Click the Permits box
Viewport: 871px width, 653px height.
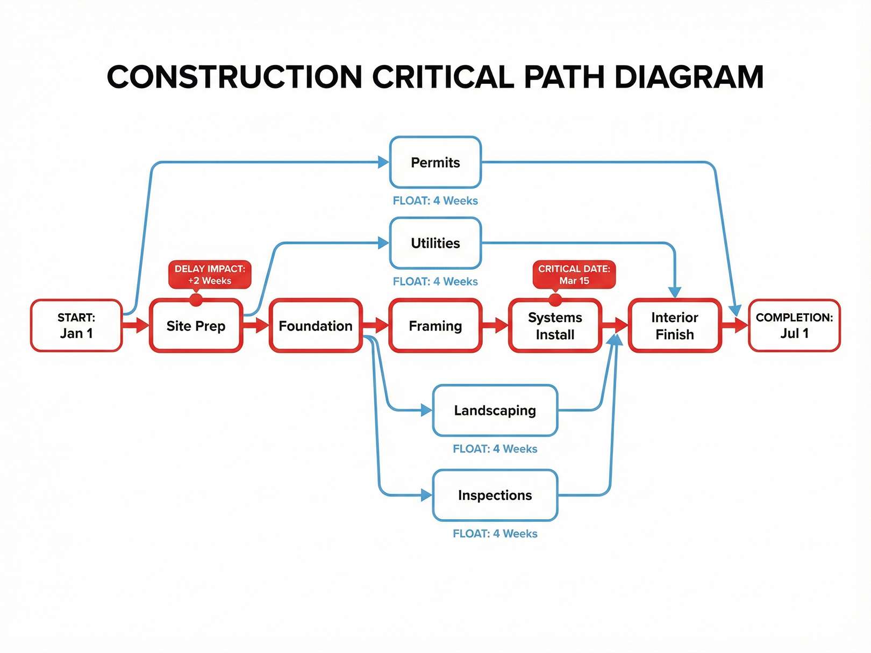[x=435, y=162]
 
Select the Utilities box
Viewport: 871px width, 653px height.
[x=435, y=243]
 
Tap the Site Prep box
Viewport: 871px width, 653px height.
[x=196, y=326]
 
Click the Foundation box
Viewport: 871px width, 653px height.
[x=316, y=326]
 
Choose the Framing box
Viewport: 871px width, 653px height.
[x=435, y=326]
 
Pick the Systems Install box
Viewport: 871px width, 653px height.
[x=555, y=326]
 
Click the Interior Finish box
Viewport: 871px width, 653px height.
[x=674, y=326]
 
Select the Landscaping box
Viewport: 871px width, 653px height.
[x=495, y=411]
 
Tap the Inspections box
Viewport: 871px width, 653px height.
[x=495, y=495]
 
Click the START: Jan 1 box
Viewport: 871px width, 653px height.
[x=76, y=326]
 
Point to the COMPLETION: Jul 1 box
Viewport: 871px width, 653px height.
[x=794, y=326]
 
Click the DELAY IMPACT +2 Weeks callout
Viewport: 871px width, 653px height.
[x=210, y=275]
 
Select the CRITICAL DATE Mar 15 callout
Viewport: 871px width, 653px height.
[x=574, y=275]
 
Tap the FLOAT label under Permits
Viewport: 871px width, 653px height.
[x=435, y=200]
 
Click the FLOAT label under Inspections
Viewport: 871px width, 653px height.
[x=495, y=534]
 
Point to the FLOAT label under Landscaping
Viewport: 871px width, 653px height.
[x=495, y=449]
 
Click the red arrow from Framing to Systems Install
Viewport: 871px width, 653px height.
[x=495, y=325]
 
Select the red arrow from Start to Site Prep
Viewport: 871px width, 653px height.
[x=136, y=325]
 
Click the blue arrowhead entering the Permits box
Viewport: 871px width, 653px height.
[x=383, y=162]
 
